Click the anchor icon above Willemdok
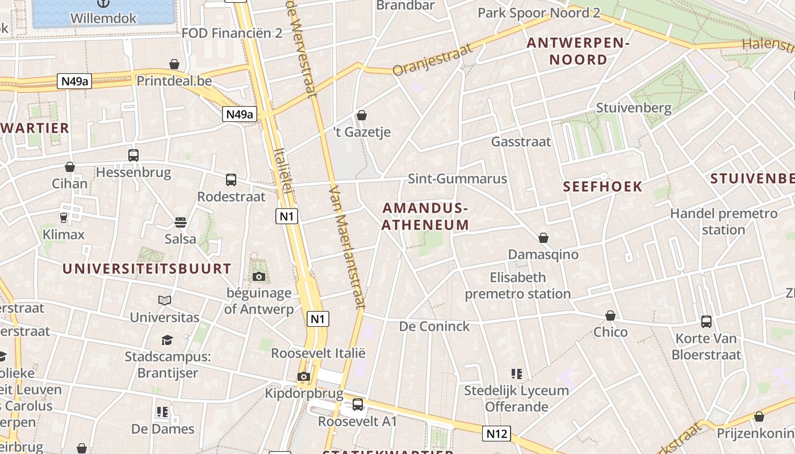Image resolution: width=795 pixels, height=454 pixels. tap(103, 3)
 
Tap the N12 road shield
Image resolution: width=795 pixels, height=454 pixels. tap(496, 434)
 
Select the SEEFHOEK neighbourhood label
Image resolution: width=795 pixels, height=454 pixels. tap(602, 186)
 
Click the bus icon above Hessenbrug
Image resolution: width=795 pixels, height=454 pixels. tap(133, 155)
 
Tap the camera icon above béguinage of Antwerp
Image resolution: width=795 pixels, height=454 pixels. tap(259, 276)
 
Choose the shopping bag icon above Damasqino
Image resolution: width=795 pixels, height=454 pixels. tap(543, 237)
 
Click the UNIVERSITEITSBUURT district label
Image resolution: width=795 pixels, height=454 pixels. tap(147, 268)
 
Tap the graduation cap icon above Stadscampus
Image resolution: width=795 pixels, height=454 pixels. tap(167, 340)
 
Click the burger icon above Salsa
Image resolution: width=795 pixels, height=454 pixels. tap(181, 222)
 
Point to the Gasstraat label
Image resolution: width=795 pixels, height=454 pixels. tap(521, 141)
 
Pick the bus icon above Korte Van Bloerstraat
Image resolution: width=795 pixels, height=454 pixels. tap(706, 321)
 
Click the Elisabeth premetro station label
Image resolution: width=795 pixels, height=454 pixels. tap(517, 285)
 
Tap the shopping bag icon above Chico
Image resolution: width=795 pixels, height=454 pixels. tap(610, 315)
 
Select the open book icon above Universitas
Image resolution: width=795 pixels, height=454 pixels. tap(165, 300)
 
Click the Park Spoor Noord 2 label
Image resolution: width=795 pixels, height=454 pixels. tap(538, 13)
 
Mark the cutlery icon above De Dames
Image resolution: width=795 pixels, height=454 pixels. tap(163, 411)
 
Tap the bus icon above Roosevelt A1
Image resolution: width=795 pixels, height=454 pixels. tap(357, 405)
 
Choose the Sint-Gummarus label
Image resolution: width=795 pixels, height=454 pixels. tap(457, 179)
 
